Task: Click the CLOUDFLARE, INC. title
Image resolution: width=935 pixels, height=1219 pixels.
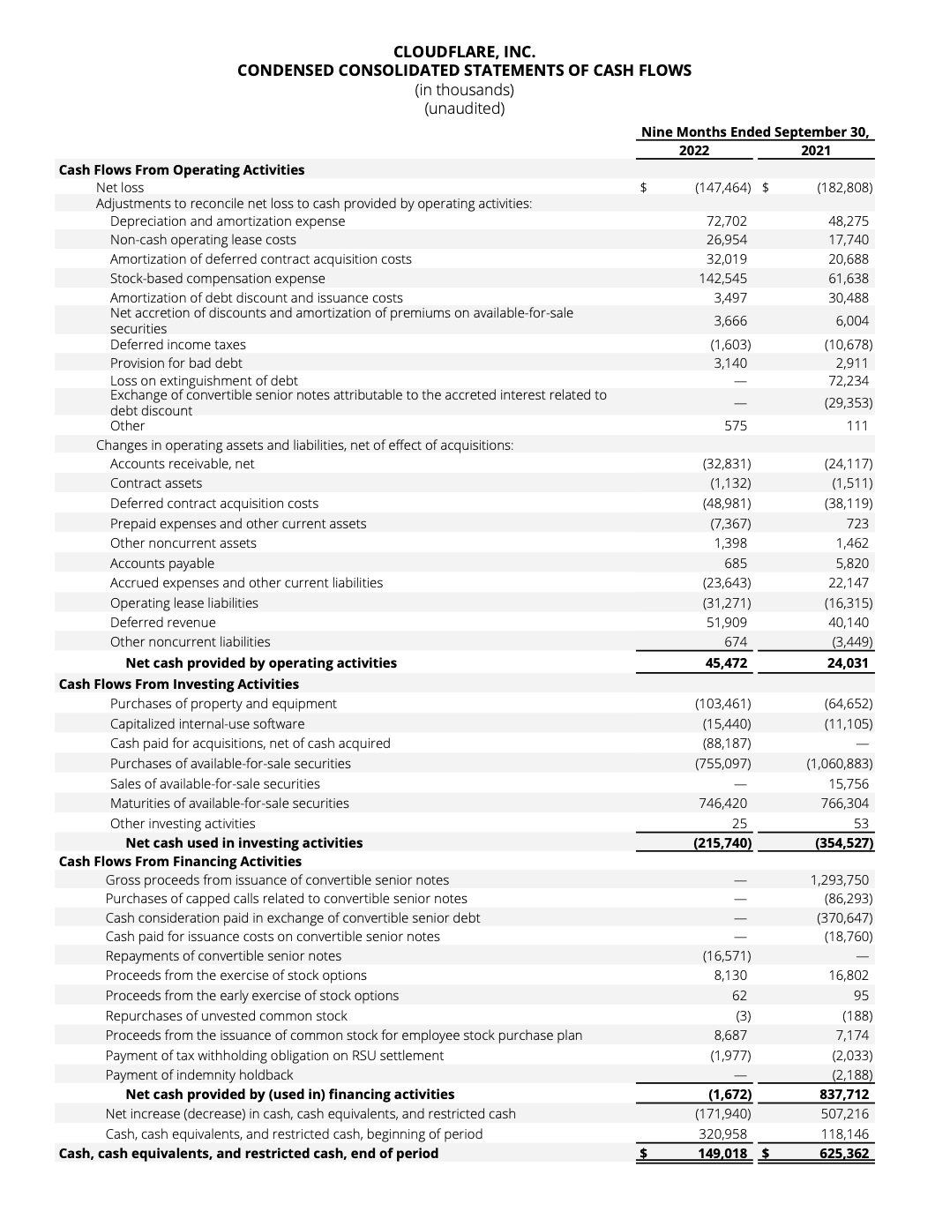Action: [x=464, y=52]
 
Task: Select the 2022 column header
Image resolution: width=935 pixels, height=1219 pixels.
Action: [x=694, y=151]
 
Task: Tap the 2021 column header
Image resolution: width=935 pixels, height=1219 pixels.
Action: [x=816, y=151]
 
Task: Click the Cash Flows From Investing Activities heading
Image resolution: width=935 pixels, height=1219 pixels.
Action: [x=178, y=684]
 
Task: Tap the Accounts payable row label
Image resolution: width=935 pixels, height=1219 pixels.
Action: [x=161, y=564]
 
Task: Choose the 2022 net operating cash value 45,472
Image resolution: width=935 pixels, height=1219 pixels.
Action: [x=727, y=663]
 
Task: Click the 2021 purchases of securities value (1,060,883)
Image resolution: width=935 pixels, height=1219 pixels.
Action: [x=839, y=764]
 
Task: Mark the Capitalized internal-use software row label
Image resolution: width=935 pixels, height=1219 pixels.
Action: [x=206, y=724]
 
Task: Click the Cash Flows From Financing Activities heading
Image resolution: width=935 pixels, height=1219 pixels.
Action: [x=180, y=862]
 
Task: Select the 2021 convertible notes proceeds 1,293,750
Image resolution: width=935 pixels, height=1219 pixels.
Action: [x=839, y=880]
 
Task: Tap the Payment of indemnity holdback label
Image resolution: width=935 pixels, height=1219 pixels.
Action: [x=198, y=1075]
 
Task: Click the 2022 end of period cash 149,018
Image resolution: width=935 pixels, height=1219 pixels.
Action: [x=722, y=1154]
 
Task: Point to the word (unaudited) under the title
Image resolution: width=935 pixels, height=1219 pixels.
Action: [x=464, y=109]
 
